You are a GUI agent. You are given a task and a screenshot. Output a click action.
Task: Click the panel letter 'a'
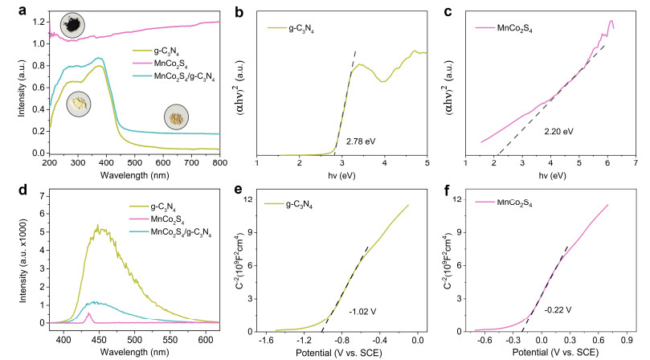point(22,10)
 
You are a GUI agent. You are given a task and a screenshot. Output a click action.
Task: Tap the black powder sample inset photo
point(72,25)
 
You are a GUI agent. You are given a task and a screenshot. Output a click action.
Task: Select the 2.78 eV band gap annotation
point(361,141)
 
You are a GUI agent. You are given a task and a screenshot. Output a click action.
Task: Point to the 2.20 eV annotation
point(558,132)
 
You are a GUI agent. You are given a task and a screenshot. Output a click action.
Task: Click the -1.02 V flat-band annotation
point(362,312)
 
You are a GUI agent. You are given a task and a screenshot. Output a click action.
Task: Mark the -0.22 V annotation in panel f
point(558,310)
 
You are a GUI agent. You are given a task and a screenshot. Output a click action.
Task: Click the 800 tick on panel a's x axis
point(219,162)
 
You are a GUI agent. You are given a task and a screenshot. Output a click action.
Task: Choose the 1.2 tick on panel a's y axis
point(38,22)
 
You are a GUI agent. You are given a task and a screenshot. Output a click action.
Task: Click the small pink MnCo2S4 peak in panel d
point(88,313)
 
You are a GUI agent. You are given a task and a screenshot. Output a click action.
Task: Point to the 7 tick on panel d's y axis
point(42,196)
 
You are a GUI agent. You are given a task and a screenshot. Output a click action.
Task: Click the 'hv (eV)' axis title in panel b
point(341,175)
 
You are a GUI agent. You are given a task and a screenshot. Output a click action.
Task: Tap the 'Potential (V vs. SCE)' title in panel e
point(338,353)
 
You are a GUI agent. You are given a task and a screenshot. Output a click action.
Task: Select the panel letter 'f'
point(447,191)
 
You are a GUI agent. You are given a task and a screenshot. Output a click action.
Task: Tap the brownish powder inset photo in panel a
point(176,117)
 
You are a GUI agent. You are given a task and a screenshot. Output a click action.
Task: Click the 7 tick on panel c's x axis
point(636,162)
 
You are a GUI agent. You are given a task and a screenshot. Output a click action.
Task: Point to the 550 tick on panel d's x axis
point(170,341)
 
